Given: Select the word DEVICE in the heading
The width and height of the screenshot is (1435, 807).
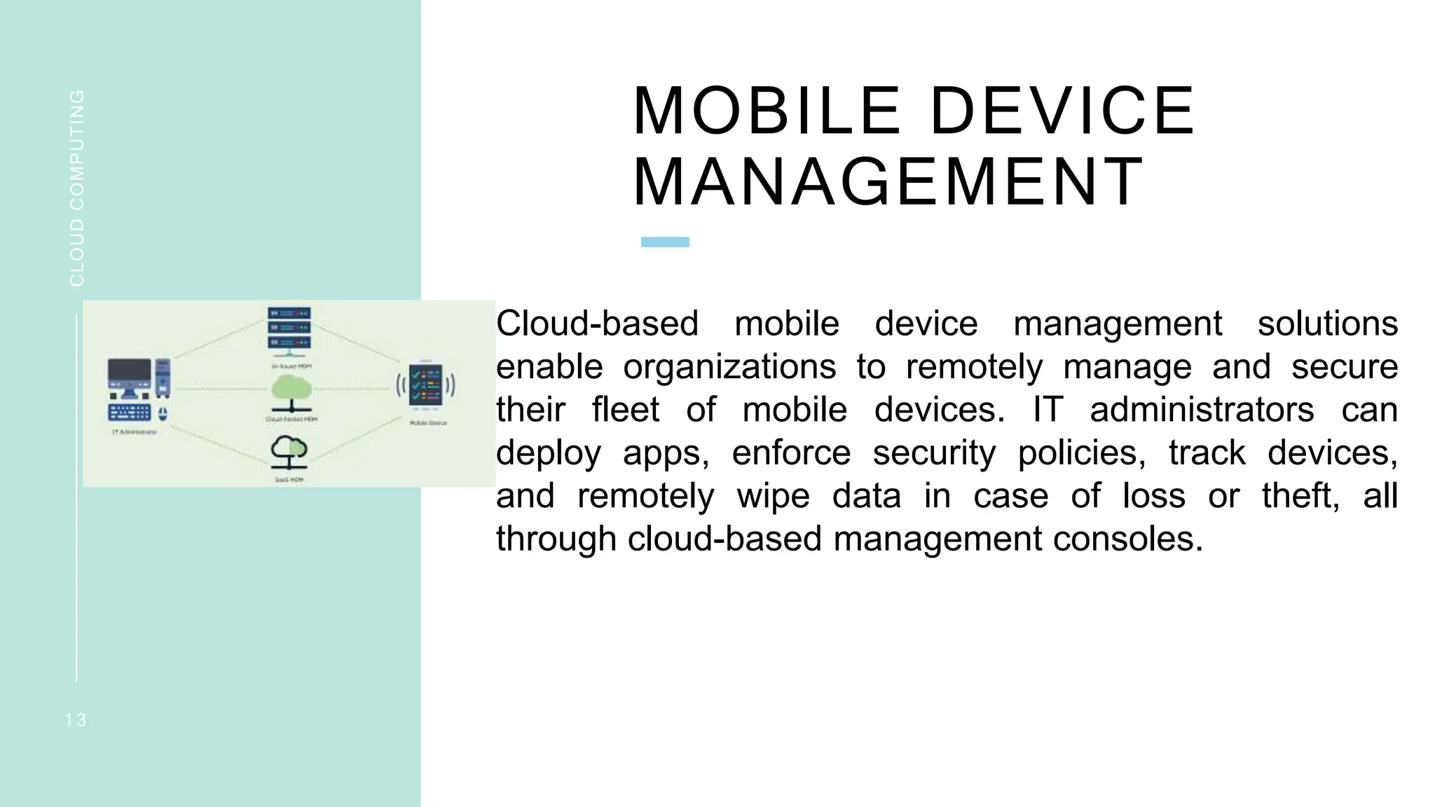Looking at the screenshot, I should [x=1062, y=111].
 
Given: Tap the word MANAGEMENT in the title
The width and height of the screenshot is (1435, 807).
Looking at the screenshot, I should [x=888, y=182].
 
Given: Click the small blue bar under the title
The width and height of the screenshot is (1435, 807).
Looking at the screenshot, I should [x=665, y=242].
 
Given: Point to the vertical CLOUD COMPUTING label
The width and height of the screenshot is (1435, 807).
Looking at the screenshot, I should [x=77, y=188].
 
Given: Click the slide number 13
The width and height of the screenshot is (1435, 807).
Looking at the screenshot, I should [x=76, y=720].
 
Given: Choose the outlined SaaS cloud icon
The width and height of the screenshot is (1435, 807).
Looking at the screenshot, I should [x=289, y=452].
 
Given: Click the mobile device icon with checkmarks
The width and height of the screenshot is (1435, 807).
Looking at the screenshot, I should [x=425, y=386].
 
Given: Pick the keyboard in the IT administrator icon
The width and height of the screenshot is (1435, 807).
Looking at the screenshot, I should [x=130, y=413].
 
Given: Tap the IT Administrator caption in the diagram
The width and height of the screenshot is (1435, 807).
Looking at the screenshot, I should [x=134, y=432].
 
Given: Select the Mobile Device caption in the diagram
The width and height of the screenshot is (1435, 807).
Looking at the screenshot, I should [x=427, y=423].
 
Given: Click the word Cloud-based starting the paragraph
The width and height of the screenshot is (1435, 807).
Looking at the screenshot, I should [x=597, y=324].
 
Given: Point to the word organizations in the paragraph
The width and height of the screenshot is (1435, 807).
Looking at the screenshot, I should [x=729, y=367].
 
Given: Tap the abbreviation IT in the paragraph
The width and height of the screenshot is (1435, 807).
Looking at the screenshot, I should [x=1048, y=410].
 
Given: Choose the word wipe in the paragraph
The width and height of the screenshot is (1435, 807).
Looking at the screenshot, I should [x=773, y=496].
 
